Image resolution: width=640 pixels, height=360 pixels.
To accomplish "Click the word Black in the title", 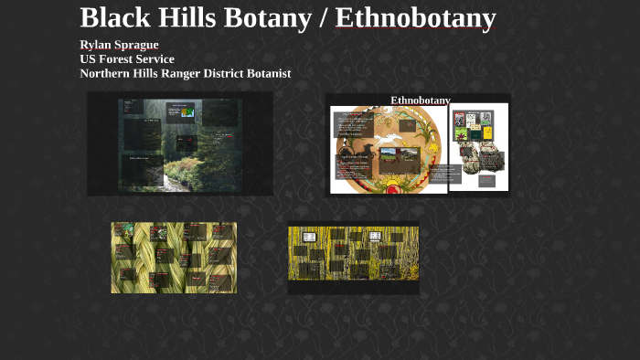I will pos(114,17).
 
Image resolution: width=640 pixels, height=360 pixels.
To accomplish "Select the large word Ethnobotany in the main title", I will pos(416,17).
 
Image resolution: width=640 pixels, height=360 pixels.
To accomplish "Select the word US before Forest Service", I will pos(89,59).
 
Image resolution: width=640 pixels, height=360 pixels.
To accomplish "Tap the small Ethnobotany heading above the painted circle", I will pos(420,100).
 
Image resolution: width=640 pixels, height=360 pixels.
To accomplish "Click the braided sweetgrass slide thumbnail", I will pos(174,257).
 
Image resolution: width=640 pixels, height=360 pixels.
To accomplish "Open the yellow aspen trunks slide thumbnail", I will pos(353,259).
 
